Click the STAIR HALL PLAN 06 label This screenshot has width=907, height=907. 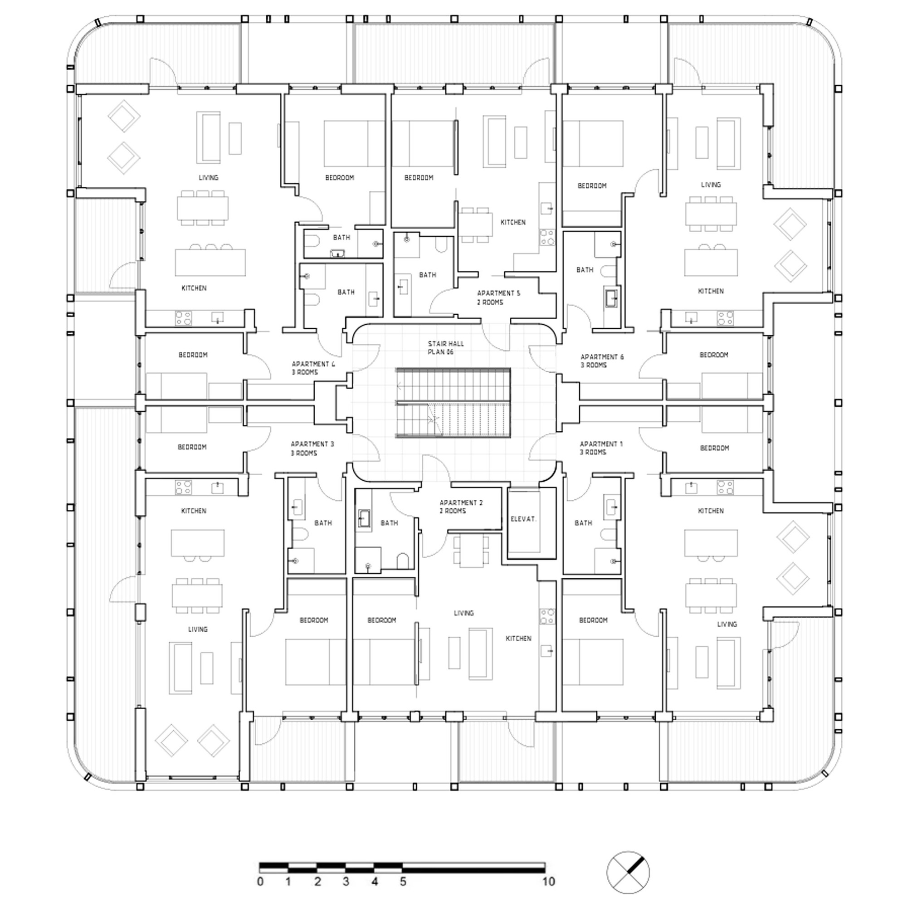click(x=445, y=348)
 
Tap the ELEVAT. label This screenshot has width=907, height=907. click(x=523, y=519)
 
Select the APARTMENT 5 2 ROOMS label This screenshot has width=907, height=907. click(x=498, y=297)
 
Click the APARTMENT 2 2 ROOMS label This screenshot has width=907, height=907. click(x=461, y=507)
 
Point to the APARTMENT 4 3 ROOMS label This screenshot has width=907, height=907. click(x=313, y=368)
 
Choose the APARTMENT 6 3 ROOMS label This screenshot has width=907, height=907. click(x=602, y=361)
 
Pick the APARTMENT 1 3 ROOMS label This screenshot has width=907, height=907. click(x=601, y=448)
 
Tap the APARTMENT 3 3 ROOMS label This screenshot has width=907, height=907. click(x=312, y=449)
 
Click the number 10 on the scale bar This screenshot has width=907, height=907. click(x=548, y=882)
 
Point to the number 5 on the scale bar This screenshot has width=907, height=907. click(x=403, y=882)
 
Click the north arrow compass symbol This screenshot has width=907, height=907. click(x=628, y=873)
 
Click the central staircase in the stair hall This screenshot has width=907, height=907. click(x=453, y=403)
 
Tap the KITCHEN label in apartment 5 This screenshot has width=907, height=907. click(x=512, y=222)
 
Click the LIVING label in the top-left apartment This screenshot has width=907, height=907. click(x=208, y=177)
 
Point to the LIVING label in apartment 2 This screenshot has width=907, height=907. click(x=463, y=613)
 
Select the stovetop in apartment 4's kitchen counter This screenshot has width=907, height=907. click(x=183, y=318)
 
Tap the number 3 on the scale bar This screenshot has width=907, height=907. click(x=346, y=882)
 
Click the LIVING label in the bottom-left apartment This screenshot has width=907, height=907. click(x=197, y=629)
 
